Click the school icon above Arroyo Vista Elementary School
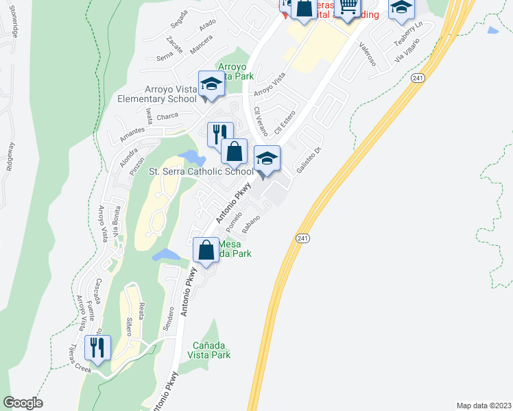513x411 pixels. click(x=211, y=84)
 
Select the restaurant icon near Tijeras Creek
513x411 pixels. click(x=97, y=347)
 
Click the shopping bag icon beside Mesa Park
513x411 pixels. click(x=206, y=251)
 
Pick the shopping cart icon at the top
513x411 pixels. click(x=348, y=7)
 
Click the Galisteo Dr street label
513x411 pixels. click(x=308, y=160)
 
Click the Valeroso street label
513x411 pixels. click(x=368, y=53)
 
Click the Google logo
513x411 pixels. click(x=23, y=403)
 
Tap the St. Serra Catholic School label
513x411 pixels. click(x=201, y=172)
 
